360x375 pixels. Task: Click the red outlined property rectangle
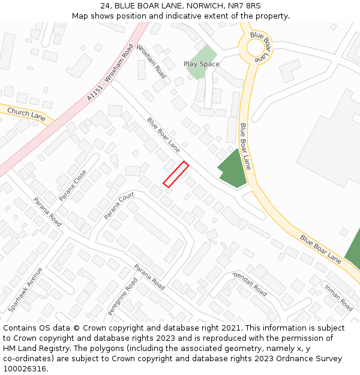pyautogui.click(x=176, y=175)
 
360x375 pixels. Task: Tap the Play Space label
pyautogui.click(x=202, y=64)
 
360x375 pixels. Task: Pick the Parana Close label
pyautogui.click(x=73, y=185)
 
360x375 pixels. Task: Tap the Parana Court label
pyautogui.click(x=119, y=206)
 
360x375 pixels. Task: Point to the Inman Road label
pyautogui.click(x=338, y=297)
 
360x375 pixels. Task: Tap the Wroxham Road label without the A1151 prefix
pyautogui.click(x=151, y=61)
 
